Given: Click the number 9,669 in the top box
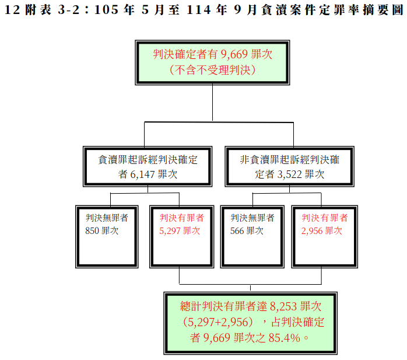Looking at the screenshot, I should pos(235,55).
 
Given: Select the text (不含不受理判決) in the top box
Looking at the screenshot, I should pos(212,69).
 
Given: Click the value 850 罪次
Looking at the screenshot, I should pos(101,230).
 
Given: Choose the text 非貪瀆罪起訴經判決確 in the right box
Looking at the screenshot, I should pos(289,159).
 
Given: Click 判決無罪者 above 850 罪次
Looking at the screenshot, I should pos(107,218).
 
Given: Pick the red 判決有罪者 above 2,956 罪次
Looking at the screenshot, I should pos(324,218).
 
